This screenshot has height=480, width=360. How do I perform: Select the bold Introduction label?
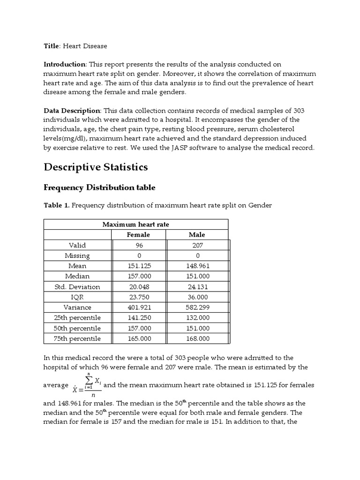tap(65, 64)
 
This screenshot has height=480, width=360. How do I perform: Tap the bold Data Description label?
tap(72, 110)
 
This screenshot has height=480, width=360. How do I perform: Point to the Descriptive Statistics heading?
tap(96, 167)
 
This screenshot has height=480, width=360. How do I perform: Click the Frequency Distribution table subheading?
tap(99, 187)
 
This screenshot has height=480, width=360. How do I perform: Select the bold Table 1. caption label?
tap(57, 205)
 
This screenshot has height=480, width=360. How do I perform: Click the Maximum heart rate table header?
tap(135, 225)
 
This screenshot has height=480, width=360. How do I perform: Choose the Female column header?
tap(138, 234)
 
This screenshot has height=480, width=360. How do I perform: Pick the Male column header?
tap(197, 234)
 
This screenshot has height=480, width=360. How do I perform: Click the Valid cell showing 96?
tap(138, 245)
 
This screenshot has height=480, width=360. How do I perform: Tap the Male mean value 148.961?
tap(197, 266)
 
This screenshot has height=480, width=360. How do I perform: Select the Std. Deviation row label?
tap(77, 286)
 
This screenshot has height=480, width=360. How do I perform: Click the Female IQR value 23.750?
tap(138, 297)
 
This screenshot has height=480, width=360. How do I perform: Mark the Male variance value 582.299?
tap(197, 307)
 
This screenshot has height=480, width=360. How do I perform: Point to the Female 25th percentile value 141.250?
tap(138, 318)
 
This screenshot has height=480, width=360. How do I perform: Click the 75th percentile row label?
tap(77, 338)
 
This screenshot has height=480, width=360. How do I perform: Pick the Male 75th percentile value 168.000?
tap(197, 338)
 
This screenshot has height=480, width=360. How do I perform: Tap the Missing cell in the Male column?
tap(197, 255)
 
